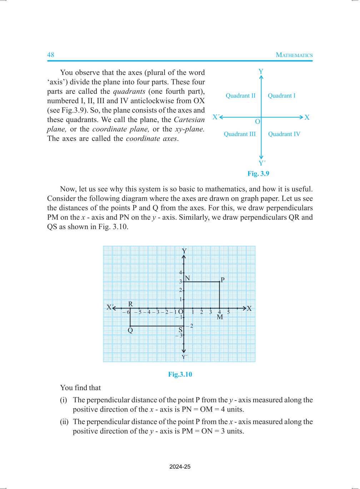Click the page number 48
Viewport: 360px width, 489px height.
click(51, 55)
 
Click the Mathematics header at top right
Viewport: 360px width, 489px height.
click(294, 55)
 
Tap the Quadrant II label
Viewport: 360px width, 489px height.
click(240, 96)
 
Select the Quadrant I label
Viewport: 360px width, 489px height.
click(281, 96)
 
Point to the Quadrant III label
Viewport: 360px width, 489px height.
click(240, 134)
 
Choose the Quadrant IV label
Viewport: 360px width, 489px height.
click(284, 134)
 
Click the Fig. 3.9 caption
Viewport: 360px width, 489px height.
click(258, 174)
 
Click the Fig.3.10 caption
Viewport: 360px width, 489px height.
click(180, 374)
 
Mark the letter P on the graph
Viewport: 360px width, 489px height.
click(222, 280)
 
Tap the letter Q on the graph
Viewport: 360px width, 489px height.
click(130, 331)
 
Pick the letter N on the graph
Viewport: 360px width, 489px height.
click(187, 278)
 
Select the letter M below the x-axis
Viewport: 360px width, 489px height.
click(220, 317)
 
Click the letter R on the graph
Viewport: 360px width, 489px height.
click(130, 304)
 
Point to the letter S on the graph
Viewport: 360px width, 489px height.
click(180, 330)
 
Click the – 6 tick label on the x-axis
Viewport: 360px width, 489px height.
click(126, 312)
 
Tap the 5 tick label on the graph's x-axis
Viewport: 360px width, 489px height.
click(229, 312)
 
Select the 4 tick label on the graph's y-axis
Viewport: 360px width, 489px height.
click(180, 273)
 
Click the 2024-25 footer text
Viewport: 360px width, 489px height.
click(180, 467)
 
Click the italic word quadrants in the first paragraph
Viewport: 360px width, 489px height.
click(129, 91)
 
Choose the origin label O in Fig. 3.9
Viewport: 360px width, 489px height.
click(257, 122)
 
